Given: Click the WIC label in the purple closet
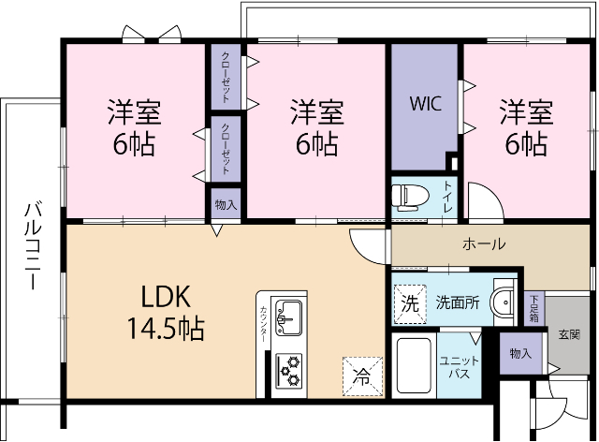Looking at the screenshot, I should [425, 102].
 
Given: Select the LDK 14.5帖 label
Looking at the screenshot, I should [167, 313].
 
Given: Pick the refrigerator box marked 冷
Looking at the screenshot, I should [361, 376].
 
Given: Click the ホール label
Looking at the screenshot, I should [484, 244].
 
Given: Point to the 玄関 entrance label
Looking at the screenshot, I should [568, 333].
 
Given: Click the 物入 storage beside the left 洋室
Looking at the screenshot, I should [226, 203].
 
